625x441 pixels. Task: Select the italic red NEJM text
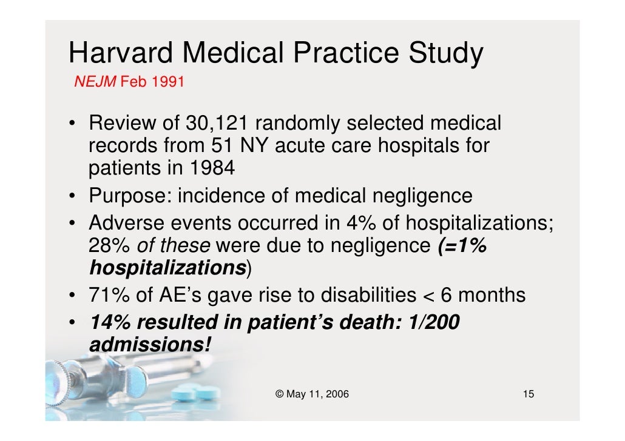pos(95,81)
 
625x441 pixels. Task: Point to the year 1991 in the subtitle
pos(167,81)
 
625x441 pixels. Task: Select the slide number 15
pos(528,394)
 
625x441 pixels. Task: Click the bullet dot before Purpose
pos(72,197)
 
